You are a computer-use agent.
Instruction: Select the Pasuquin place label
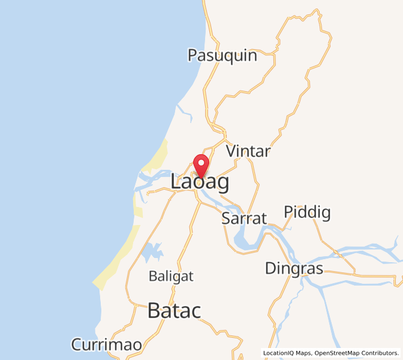coord(222,56)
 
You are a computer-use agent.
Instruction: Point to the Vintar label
coord(248,151)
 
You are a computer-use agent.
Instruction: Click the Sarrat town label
coord(243,218)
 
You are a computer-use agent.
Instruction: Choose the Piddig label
coord(307,212)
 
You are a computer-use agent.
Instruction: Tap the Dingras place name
coord(294,268)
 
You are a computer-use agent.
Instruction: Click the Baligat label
coord(172,277)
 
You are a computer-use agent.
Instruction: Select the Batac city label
coord(174,311)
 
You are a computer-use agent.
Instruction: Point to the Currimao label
coord(106,345)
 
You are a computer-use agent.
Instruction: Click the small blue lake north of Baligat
coord(152,252)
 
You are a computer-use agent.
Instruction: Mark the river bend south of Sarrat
coord(243,243)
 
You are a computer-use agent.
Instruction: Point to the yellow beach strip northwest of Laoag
coord(158,155)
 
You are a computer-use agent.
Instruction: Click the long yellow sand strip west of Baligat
coord(117,258)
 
